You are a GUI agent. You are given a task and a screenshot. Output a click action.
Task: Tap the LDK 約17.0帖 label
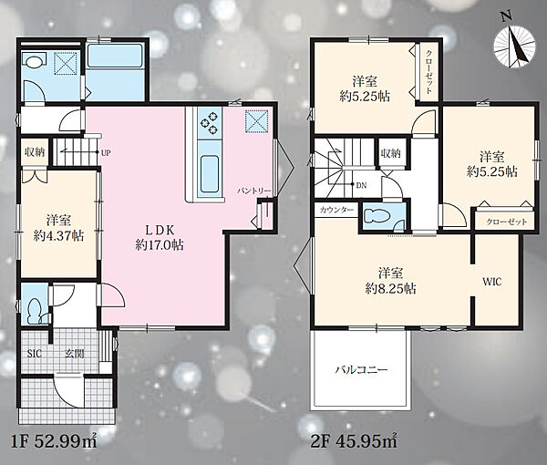(160, 237)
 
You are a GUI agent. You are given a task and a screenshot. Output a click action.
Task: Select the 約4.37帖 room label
(58, 236)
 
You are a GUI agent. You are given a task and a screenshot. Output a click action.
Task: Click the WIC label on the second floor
(492, 282)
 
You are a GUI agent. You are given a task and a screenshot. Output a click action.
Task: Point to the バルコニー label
(361, 370)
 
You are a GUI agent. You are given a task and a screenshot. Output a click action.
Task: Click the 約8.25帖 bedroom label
(391, 289)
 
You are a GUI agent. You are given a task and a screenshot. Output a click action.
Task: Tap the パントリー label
(254, 191)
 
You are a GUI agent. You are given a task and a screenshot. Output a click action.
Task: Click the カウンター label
(336, 210)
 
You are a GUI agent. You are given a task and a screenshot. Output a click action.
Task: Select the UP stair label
(106, 153)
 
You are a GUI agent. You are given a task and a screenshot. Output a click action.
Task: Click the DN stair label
(361, 186)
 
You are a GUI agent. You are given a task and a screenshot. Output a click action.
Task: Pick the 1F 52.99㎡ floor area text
(55, 442)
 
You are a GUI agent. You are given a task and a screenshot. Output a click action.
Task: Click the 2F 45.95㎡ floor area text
(354, 442)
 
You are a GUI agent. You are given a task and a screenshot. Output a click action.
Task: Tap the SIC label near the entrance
(35, 354)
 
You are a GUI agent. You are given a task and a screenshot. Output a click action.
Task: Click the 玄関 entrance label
(75, 354)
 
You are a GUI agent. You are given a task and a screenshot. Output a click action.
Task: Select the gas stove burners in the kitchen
(210, 124)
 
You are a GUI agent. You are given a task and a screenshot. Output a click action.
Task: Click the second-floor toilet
(378, 215)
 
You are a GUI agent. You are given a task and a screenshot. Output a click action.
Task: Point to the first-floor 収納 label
(35, 152)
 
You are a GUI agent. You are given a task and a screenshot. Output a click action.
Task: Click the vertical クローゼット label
(429, 72)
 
